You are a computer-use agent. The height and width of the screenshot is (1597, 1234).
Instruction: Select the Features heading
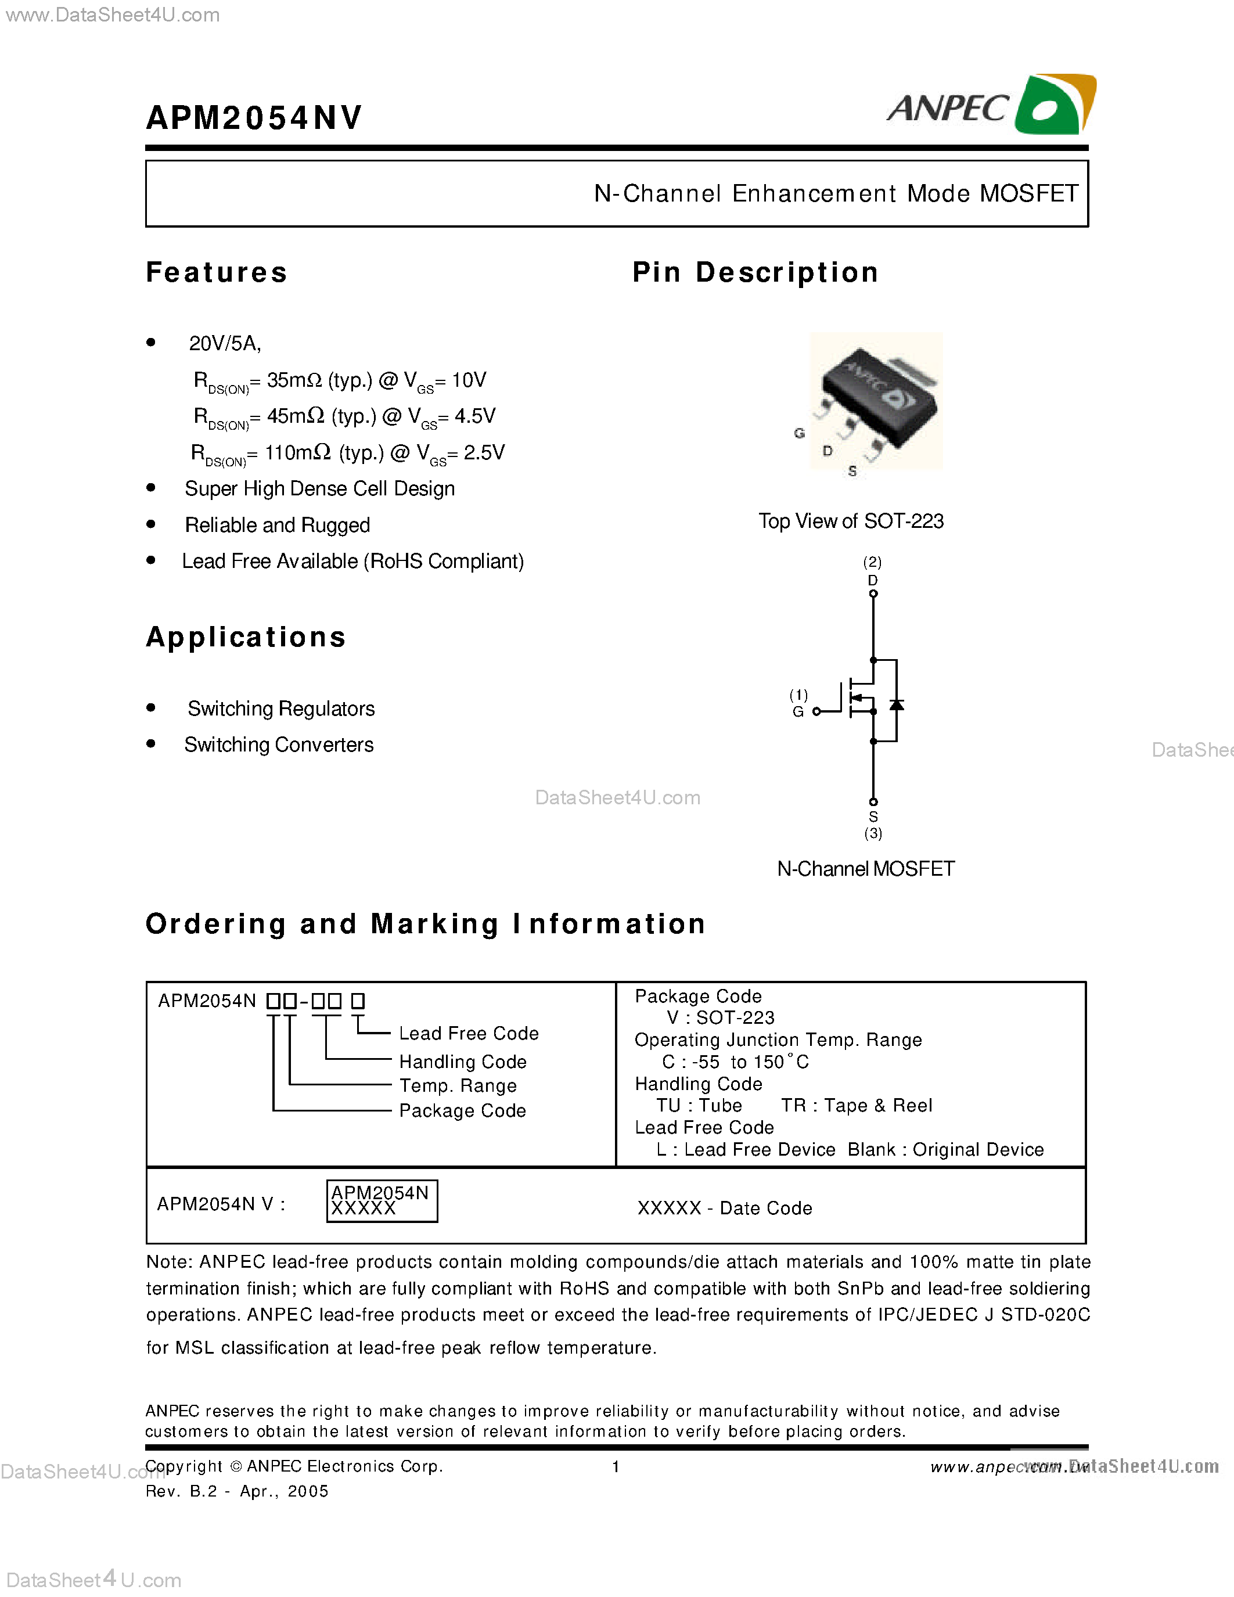[217, 272]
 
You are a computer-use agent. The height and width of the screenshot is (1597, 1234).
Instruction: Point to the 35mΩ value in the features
[294, 380]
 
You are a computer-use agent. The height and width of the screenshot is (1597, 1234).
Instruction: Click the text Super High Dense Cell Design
[319, 488]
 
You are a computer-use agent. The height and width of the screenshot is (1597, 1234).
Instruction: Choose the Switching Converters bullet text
[279, 744]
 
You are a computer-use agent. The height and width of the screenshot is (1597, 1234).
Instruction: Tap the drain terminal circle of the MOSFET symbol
[873, 594]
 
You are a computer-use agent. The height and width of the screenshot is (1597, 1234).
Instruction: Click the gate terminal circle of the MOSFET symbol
[816, 711]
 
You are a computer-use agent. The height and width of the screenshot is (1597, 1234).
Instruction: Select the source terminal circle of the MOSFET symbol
[873, 802]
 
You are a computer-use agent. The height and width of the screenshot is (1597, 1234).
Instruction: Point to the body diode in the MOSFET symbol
[896, 705]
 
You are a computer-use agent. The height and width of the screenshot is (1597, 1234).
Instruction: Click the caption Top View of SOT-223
[851, 521]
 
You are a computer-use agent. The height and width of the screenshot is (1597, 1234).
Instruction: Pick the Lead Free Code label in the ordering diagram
[469, 1033]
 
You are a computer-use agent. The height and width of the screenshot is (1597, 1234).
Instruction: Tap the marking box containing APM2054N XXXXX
[382, 1201]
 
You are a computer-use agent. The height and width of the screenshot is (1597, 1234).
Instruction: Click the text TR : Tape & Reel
[856, 1106]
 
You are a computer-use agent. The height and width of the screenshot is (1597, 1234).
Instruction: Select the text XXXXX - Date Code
[725, 1208]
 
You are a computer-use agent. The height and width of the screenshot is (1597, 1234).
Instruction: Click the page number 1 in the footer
[616, 1466]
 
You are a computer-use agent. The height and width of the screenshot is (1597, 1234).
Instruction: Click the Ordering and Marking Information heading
[426, 925]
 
